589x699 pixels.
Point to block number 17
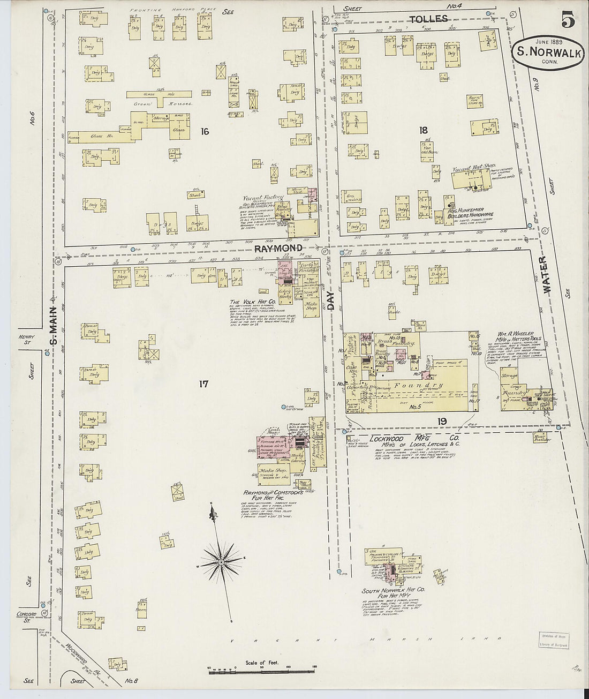[x=203, y=384]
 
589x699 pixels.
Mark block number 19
[x=441, y=422]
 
